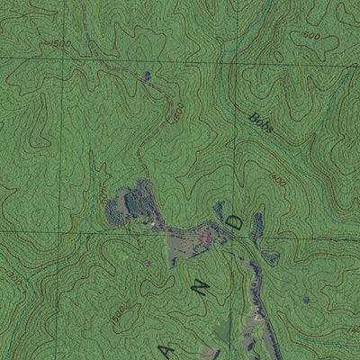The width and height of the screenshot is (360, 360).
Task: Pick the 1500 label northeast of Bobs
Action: (310, 35)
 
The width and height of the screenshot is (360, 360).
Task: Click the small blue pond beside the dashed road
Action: (147, 76)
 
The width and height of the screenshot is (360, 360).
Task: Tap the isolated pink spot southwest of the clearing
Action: (147, 263)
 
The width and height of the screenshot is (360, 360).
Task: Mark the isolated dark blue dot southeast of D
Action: (307, 299)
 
